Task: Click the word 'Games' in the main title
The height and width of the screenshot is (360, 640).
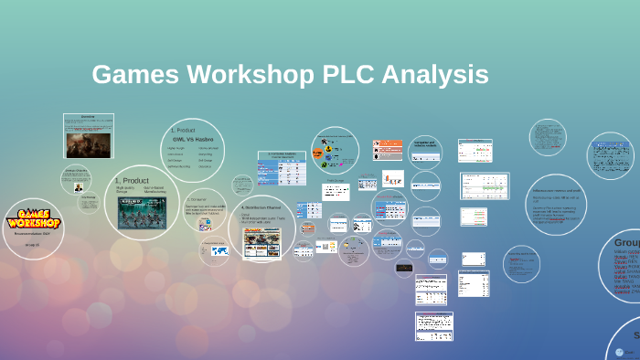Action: click(x=133, y=75)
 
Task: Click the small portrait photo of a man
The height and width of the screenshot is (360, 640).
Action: click(x=79, y=186)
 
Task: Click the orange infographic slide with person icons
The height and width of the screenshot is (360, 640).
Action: click(x=387, y=149)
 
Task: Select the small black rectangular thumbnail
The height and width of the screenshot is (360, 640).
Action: click(x=404, y=268)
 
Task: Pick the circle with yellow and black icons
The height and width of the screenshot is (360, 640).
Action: click(x=334, y=149)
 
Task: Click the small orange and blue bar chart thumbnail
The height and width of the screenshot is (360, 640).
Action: click(x=392, y=179)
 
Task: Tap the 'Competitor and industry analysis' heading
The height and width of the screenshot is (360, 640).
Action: click(x=423, y=144)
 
